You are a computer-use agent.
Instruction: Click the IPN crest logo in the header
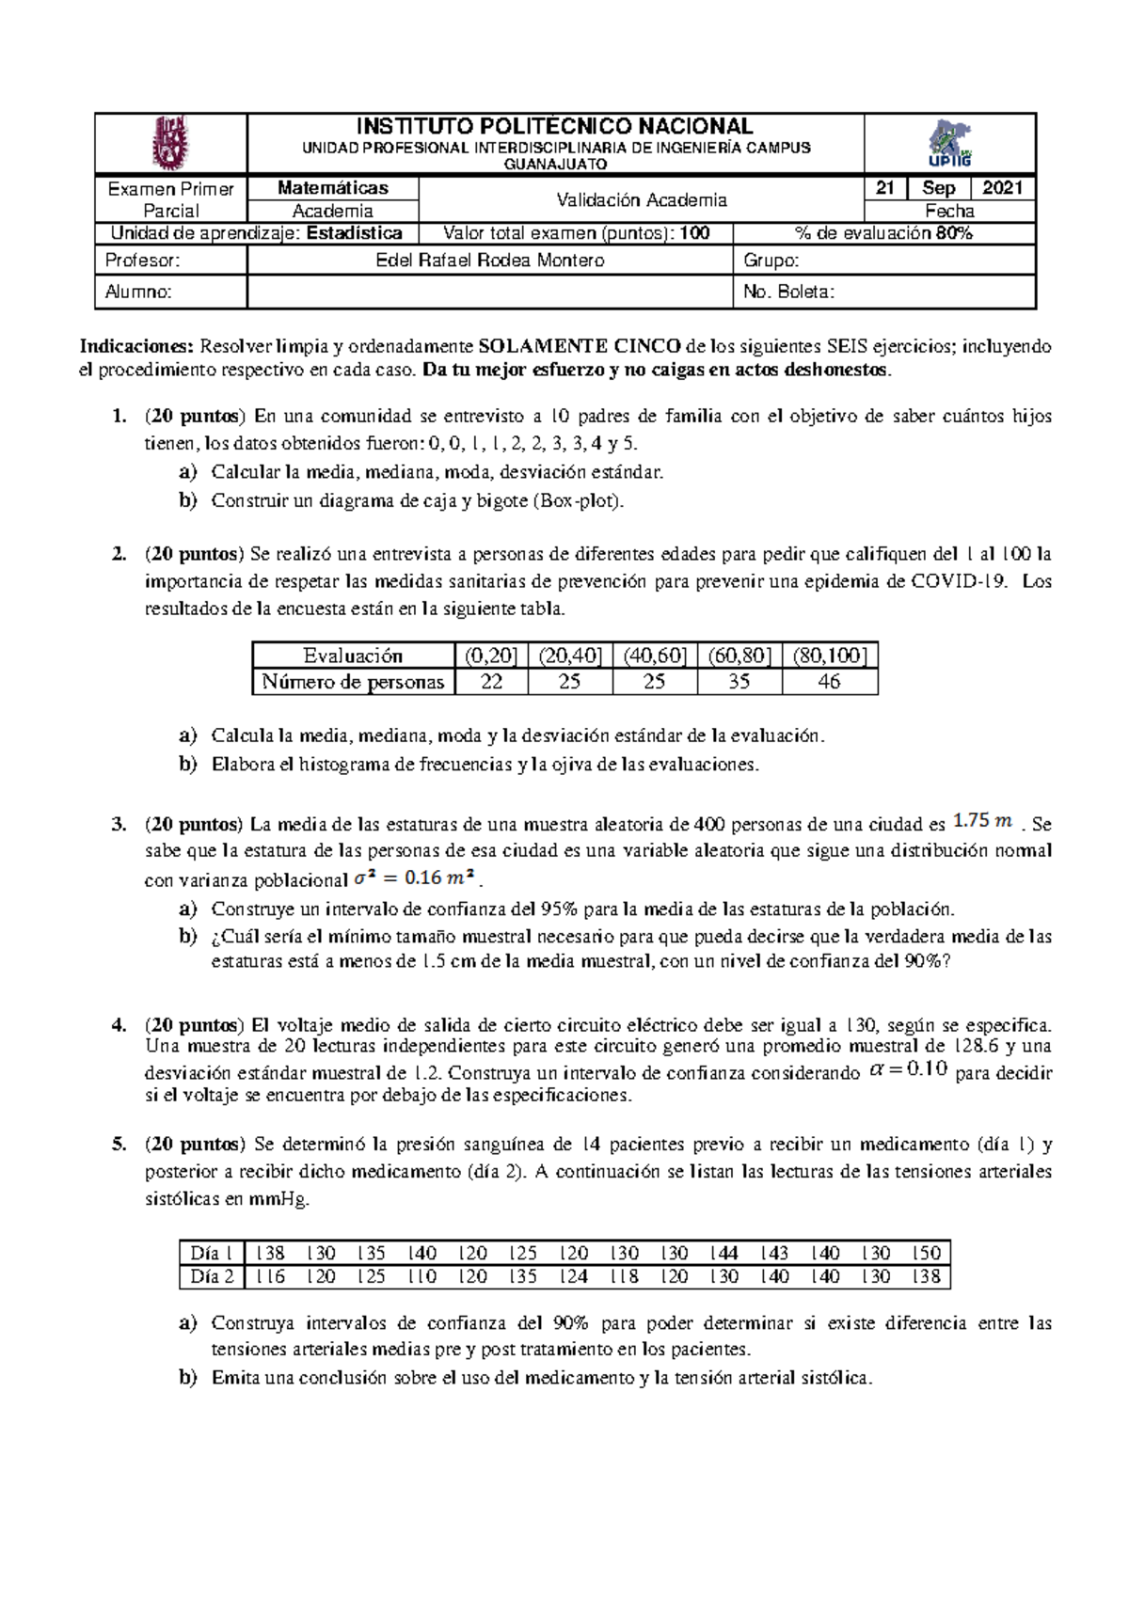[x=170, y=143]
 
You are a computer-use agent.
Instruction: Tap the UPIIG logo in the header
[x=949, y=143]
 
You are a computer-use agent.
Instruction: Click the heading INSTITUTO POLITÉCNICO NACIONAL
[x=554, y=127]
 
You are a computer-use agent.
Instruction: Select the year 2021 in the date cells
[x=1002, y=188]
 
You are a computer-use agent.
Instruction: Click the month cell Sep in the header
[x=938, y=188]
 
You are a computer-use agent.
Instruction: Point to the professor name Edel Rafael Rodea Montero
[x=489, y=261]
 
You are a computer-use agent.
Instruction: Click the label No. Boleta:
[x=788, y=293]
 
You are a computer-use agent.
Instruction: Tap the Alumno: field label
[x=138, y=293]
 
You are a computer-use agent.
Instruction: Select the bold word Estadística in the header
[x=355, y=233]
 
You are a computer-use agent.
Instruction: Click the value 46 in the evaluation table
[x=829, y=682]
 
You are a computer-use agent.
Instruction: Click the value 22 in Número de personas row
[x=491, y=682]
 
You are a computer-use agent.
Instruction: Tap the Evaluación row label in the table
[x=353, y=656]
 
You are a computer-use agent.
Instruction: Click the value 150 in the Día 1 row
[x=926, y=1253]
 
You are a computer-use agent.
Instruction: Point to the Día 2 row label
[x=212, y=1276]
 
